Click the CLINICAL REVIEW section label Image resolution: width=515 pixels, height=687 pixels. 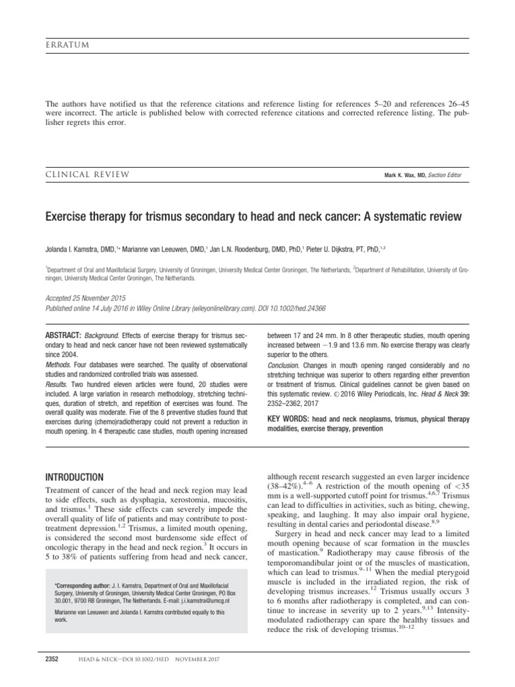[87, 174]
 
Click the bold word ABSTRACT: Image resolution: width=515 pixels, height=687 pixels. [63, 335]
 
